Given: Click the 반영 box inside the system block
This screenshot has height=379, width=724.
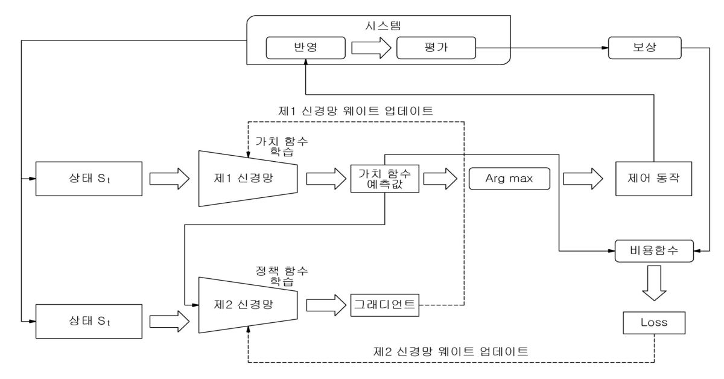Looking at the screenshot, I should pos(306,48).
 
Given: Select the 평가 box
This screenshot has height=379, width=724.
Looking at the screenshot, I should pos(436,48).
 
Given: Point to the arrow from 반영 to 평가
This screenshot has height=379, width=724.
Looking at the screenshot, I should pos(370,48).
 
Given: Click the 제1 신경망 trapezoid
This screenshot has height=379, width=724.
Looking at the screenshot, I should pos(248,179).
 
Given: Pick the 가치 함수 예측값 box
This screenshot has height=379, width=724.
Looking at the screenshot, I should pos(385,179).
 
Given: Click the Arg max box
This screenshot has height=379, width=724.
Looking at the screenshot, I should pos(509,179).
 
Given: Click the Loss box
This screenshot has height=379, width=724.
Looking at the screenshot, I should pos(654,322).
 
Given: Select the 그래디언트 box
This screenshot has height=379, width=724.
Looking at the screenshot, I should pos(384,305).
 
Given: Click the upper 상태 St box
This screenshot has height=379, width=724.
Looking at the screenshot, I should pos(88,179).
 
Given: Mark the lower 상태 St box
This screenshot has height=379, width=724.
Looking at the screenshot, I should pos(88,318).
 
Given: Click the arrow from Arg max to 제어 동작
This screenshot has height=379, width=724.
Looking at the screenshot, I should pos(582,179).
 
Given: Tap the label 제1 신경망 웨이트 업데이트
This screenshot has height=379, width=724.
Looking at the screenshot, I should pos(355,111).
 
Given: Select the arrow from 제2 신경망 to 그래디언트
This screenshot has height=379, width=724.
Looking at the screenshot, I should pos(323,305).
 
